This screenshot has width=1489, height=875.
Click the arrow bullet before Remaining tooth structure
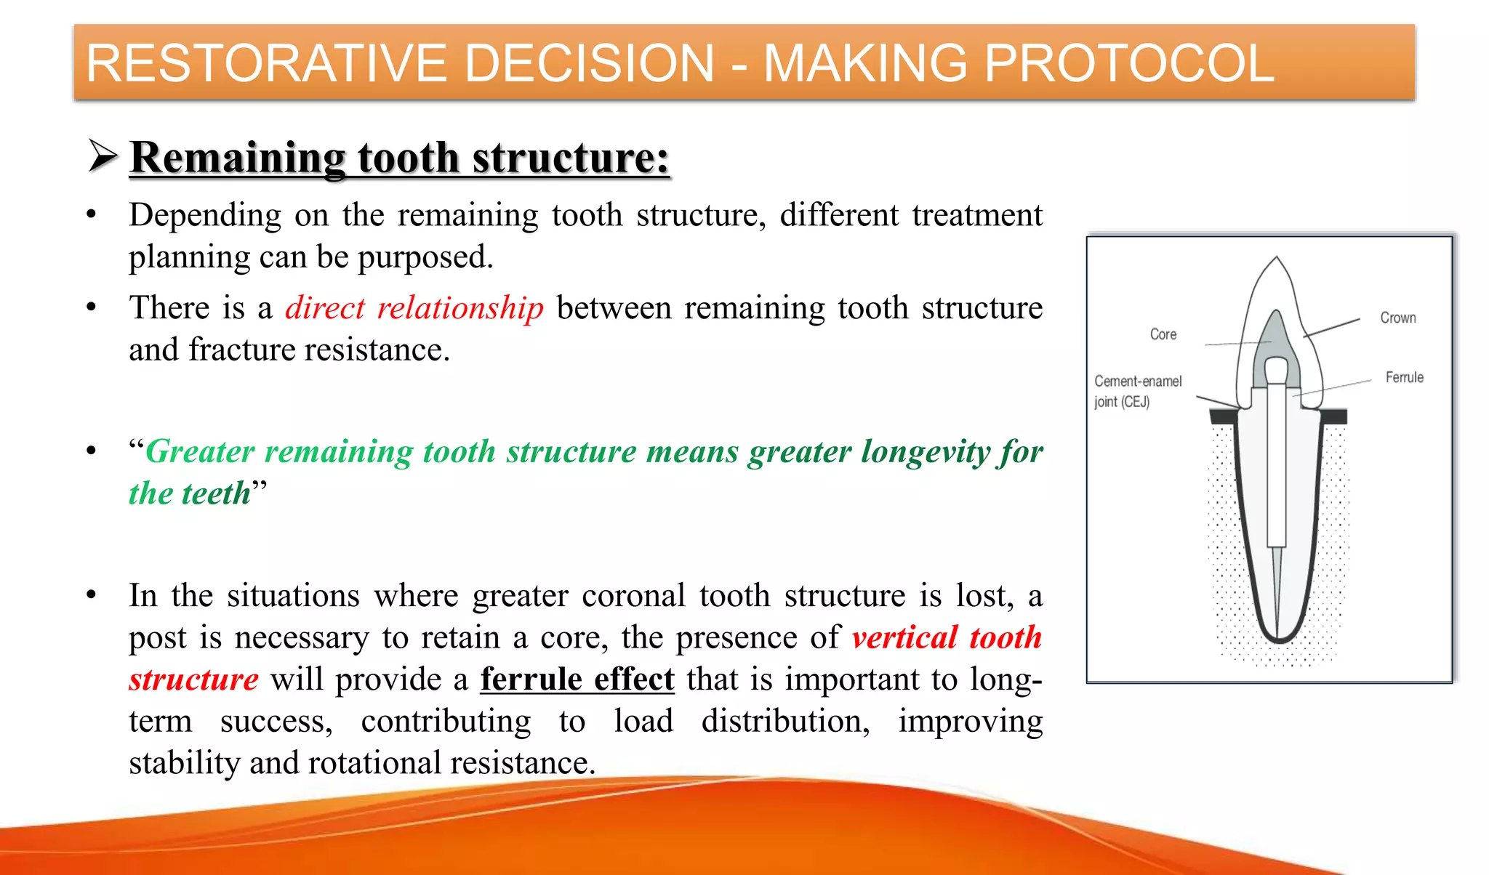pos(103,156)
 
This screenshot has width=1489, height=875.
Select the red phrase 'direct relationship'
pos(414,308)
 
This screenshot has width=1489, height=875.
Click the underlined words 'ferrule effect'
pos(577,680)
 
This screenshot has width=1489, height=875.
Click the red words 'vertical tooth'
pos(947,637)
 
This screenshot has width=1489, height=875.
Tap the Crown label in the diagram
pos(1397,318)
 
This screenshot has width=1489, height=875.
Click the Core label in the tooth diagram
pos(1163,334)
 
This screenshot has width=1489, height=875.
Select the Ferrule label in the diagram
pos(1404,377)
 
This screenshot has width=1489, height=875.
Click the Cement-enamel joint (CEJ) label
pos(1138,391)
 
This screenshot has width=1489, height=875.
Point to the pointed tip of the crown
pos(1277,258)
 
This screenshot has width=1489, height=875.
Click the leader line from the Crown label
pos(1332,327)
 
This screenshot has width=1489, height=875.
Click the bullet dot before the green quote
pos(92,451)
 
